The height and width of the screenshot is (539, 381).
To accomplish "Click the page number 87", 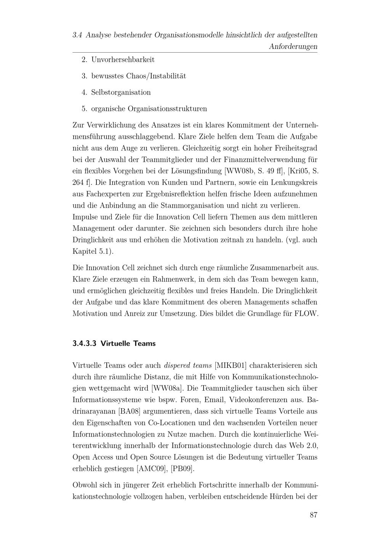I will click(313, 515).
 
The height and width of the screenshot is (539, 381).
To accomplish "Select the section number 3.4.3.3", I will click(85, 343).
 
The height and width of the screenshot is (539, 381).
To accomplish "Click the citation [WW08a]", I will click(167, 388).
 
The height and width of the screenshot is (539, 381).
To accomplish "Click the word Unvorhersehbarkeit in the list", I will click(123, 59).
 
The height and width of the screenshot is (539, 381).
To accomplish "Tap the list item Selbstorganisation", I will click(121, 92).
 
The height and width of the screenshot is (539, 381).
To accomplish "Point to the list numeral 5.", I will click(84, 109).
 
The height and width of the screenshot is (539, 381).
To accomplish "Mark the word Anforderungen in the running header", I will click(293, 47).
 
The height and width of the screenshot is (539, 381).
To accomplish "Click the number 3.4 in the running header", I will click(77, 35).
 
